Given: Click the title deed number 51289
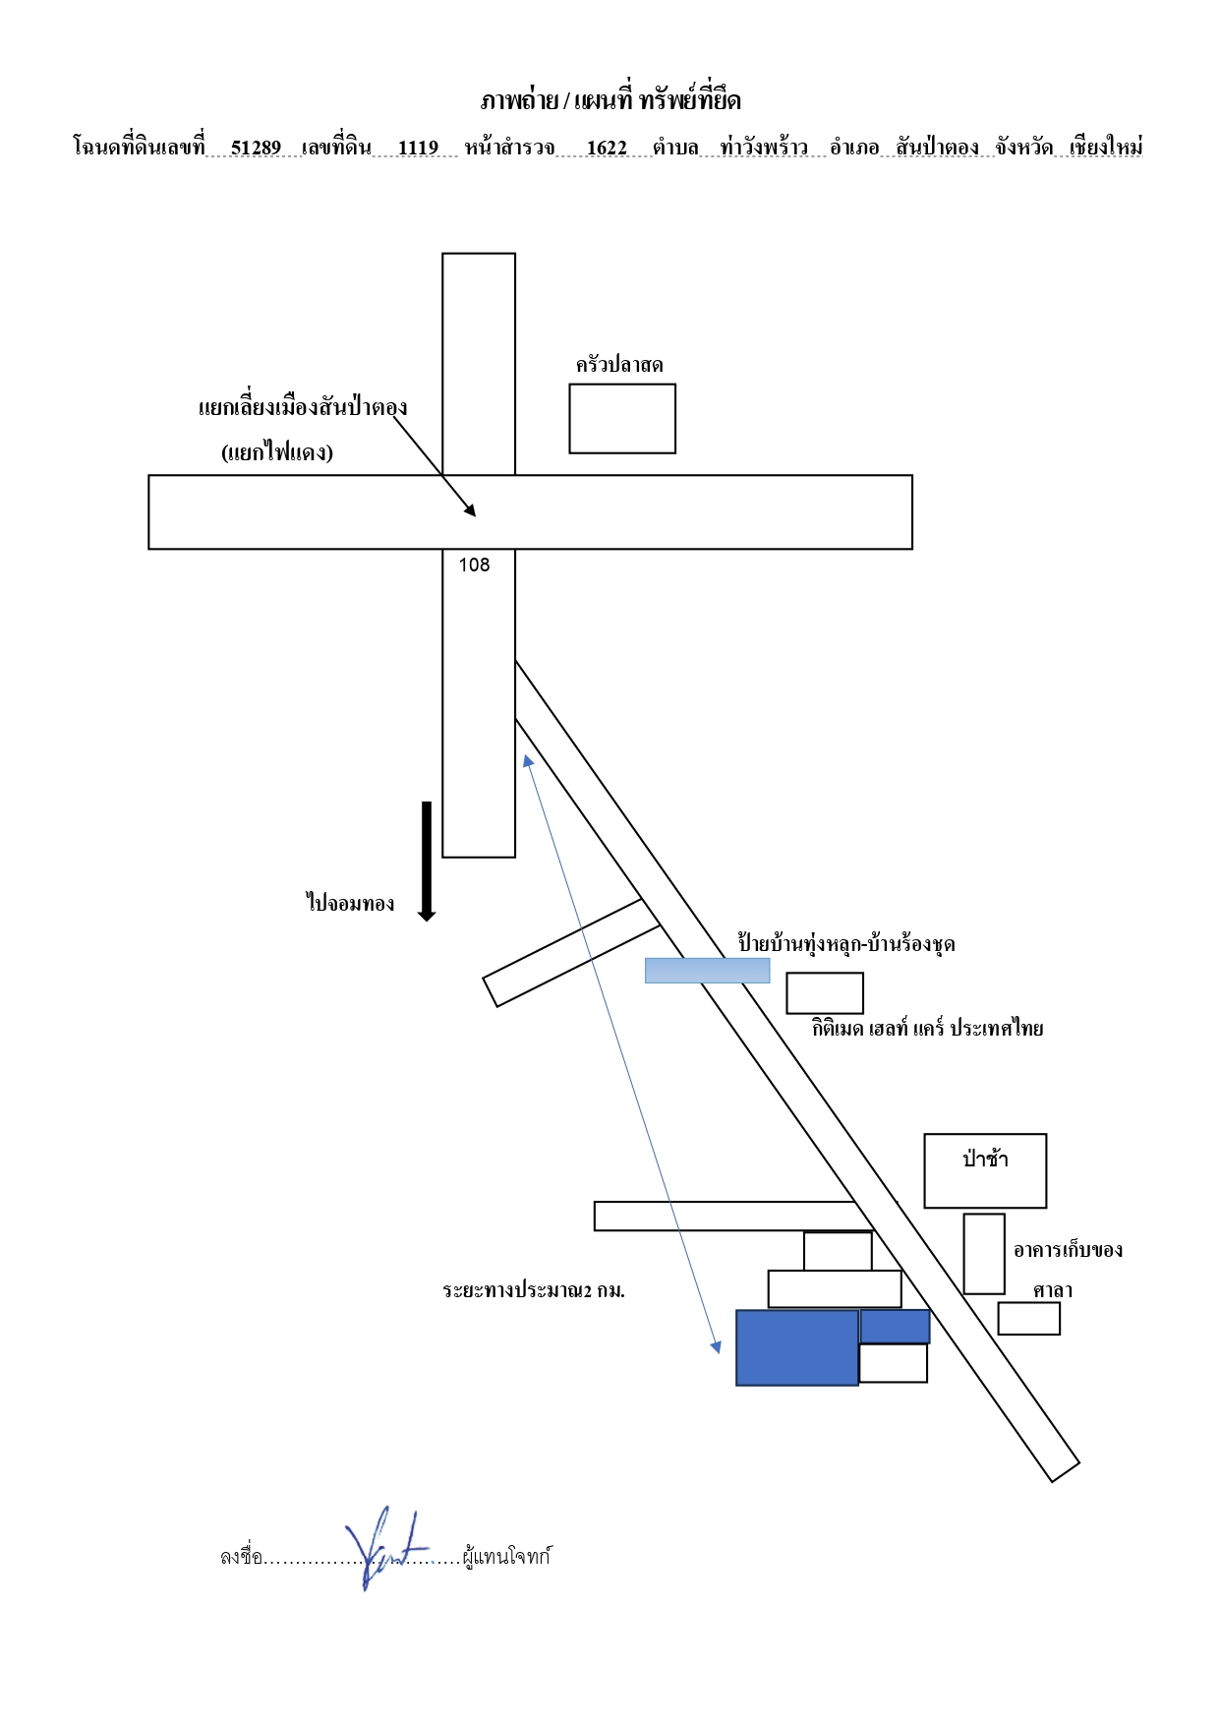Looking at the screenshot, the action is [256, 148].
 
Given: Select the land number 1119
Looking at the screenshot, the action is [418, 148].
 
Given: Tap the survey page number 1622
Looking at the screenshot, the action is [607, 148].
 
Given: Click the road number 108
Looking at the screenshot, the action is [474, 565].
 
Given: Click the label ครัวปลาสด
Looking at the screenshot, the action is [619, 365].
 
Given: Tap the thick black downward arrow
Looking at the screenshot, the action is [427, 862].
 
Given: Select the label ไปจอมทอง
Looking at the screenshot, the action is [350, 902].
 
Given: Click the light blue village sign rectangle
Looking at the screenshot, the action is [707, 971].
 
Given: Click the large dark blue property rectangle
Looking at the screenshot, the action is [797, 1347].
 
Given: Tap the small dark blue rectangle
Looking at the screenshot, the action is [895, 1327].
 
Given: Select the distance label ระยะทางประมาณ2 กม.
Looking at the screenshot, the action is [534, 1290].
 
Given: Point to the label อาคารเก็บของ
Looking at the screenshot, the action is [1068, 1250].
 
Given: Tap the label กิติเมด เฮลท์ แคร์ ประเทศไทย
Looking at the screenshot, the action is [928, 1029].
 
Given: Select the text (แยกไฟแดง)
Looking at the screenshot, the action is [277, 452].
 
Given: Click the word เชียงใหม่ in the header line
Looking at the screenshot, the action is [1106, 148].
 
